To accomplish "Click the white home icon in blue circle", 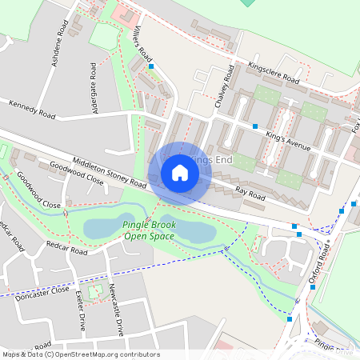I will pyautogui.click(x=180, y=172).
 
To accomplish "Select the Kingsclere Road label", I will pyautogui.click(x=274, y=73).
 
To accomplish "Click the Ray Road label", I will pyautogui.click(x=250, y=193).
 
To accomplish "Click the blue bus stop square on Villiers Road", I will pyautogui.click(x=150, y=67).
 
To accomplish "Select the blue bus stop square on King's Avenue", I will pyautogui.click(x=255, y=126).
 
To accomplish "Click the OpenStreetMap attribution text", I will pyautogui.click(x=81, y=354).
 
